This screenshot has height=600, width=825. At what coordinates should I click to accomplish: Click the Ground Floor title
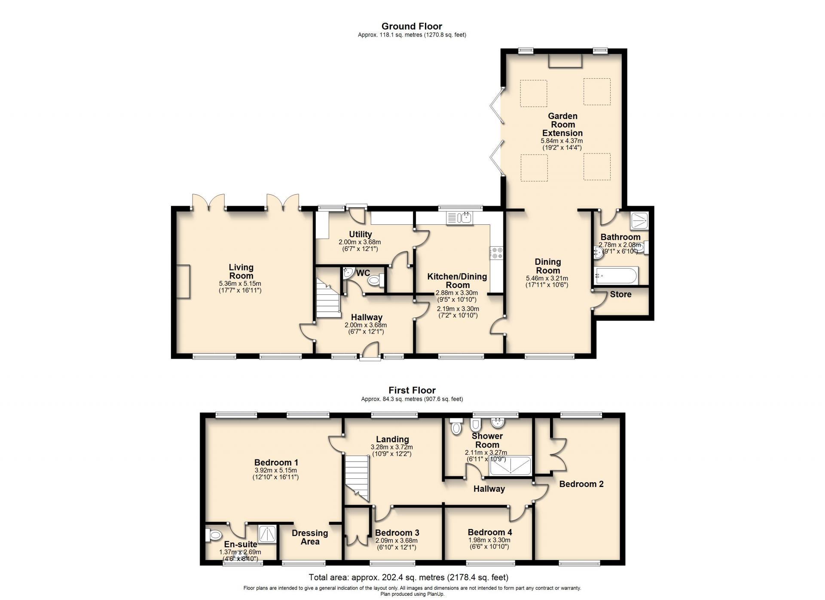[x=412, y=26]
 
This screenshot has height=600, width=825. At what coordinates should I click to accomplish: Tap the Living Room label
[x=241, y=272]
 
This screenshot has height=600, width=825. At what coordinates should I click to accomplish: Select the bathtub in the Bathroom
[x=616, y=276]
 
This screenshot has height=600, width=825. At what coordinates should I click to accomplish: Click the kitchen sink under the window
[x=460, y=218]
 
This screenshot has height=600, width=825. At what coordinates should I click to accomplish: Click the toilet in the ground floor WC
[x=376, y=281]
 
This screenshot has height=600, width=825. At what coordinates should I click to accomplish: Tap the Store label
[x=620, y=294]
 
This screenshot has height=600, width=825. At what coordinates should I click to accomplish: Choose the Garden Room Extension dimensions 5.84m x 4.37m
[x=562, y=141]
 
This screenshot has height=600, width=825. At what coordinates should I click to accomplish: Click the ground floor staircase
[x=328, y=298]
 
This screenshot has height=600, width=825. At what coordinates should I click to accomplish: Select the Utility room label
[x=360, y=234]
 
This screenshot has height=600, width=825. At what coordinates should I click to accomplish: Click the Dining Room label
[x=548, y=266]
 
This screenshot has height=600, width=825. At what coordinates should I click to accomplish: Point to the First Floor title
[x=412, y=390]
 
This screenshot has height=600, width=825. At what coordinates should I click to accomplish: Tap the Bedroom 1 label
[x=276, y=462]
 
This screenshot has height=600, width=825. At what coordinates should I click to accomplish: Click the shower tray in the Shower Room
[x=510, y=466]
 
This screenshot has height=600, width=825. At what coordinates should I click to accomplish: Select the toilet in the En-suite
[x=214, y=535]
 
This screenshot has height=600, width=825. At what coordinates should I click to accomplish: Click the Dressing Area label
[x=310, y=537]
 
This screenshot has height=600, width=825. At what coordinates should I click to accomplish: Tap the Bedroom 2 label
[x=581, y=484]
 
